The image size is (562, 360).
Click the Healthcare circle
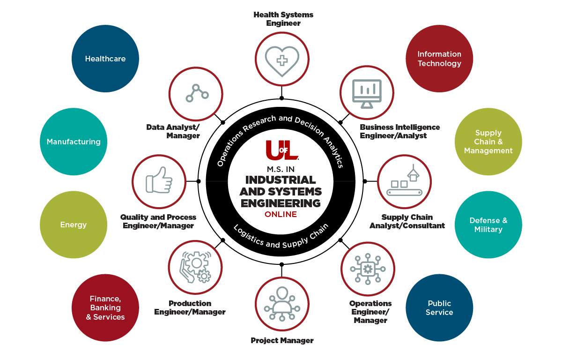point(105,59)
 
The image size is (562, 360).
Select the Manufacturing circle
point(74,142)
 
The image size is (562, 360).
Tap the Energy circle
point(74,225)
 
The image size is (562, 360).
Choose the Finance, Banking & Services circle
point(105,307)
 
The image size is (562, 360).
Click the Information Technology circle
point(439,59)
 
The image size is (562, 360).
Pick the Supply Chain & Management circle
point(488,142)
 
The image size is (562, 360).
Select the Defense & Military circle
point(488,225)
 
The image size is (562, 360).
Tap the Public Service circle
point(439,307)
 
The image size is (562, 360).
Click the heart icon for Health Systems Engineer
point(282,60)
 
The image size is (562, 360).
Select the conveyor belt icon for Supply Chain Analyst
point(404,182)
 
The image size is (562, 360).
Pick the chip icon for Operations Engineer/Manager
point(368,269)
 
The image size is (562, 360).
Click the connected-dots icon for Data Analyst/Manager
point(196,93)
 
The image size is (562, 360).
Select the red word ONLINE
point(281,214)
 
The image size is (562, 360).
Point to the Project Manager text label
point(282,340)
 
